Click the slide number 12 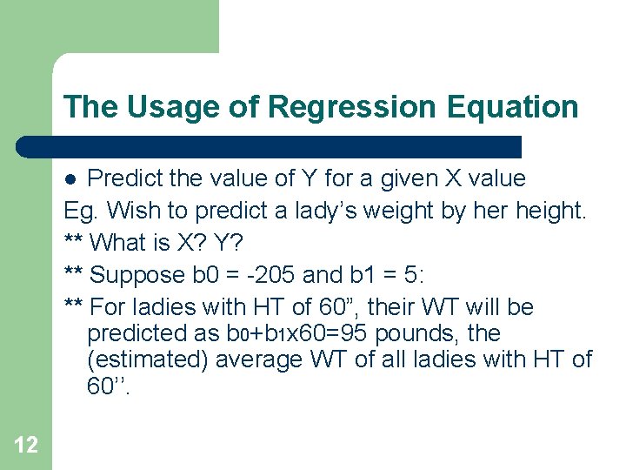click(x=26, y=446)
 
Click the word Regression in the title click(x=353, y=107)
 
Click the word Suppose click(x=136, y=275)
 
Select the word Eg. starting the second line click(x=80, y=211)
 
